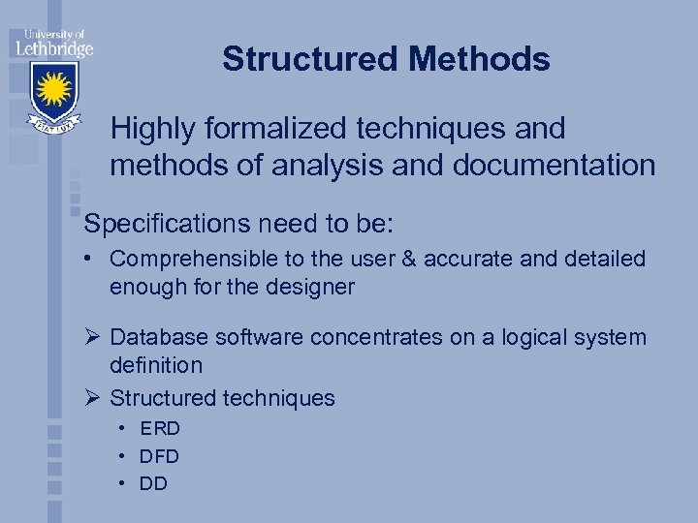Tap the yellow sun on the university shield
click(x=54, y=90)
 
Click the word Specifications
click(x=167, y=225)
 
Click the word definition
click(x=156, y=365)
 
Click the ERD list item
click(x=160, y=428)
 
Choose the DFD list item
click(x=160, y=455)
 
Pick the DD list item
click(x=153, y=482)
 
